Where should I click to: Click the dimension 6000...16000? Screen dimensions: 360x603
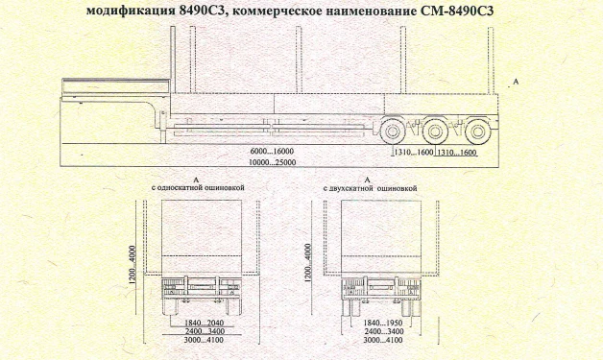(272, 152)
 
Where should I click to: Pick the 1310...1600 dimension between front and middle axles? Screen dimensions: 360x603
(413, 153)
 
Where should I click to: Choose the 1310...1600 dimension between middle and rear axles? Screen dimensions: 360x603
(456, 153)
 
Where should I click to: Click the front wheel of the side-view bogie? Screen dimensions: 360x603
(392, 132)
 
